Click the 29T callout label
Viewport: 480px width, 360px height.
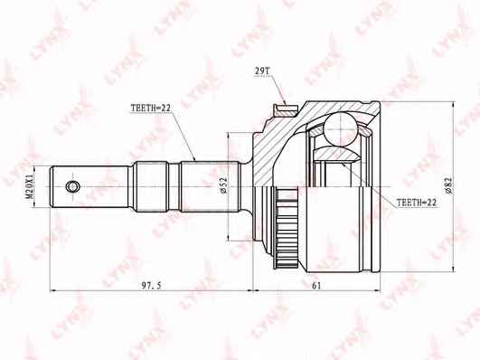tap(262, 71)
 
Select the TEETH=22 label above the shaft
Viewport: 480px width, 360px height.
tap(150, 108)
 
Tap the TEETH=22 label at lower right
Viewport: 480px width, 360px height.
tap(417, 203)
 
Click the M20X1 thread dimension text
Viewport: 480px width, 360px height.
tap(29, 187)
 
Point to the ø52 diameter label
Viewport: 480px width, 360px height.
tap(223, 185)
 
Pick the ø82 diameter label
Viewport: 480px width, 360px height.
tap(448, 185)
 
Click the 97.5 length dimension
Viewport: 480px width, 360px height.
tap(151, 286)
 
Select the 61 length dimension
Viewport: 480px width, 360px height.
tap(316, 286)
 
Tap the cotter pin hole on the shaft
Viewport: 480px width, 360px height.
tap(73, 186)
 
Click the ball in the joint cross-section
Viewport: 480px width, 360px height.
tap(341, 129)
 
